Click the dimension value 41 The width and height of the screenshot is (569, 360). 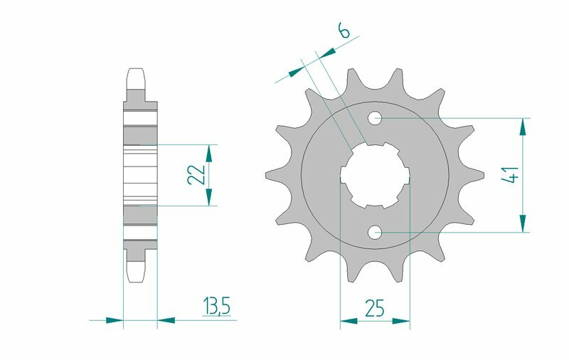pos(509,175)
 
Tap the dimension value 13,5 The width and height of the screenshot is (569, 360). pos(216,307)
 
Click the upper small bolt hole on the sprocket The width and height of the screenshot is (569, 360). pos(376,117)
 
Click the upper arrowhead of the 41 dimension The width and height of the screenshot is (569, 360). pos(523,127)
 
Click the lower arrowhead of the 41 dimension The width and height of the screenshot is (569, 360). pos(523,223)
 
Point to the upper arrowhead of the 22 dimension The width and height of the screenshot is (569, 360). pos(209,152)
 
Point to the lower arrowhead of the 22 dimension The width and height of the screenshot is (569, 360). pos(209,198)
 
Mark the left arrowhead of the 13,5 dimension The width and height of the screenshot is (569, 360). pos(115,320)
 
